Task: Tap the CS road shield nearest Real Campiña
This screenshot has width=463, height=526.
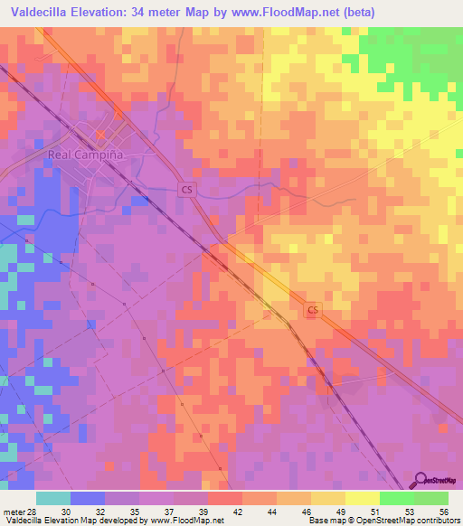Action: pos(186,190)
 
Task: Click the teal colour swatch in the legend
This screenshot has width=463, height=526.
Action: pos(53,498)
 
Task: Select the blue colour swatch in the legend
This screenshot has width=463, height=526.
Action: pos(88,498)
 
